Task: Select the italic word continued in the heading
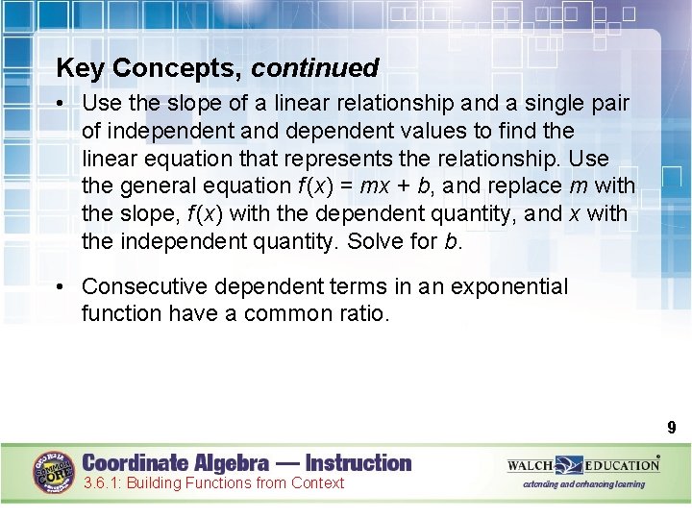click(315, 68)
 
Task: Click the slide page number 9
click(672, 428)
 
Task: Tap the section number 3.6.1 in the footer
click(102, 483)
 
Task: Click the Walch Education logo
click(583, 465)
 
